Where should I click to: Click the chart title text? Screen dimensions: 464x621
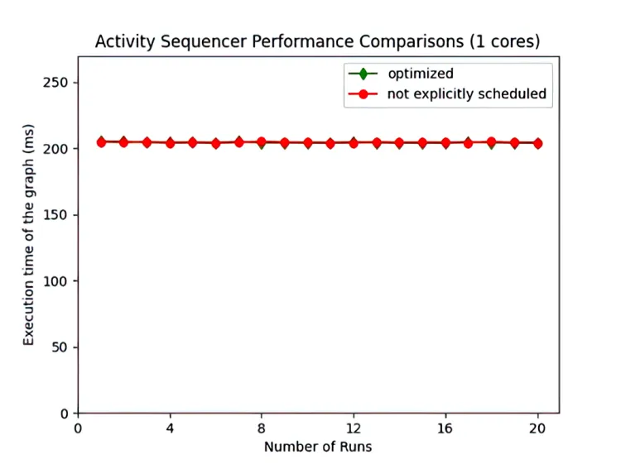click(x=318, y=41)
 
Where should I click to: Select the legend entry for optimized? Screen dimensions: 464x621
click(x=420, y=74)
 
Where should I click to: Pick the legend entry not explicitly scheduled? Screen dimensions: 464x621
click(x=466, y=93)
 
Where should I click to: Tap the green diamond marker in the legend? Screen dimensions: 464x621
click(x=362, y=74)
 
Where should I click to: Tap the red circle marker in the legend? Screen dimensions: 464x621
click(x=362, y=93)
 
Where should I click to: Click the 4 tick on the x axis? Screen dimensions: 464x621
click(x=170, y=429)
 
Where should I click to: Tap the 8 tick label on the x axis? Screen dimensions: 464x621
click(x=262, y=429)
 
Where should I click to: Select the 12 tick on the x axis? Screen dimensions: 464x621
click(x=354, y=429)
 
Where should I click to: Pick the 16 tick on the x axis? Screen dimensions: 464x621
click(x=445, y=429)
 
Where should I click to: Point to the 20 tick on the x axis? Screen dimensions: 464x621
click(x=538, y=429)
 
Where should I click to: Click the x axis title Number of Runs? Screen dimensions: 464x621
click(x=318, y=447)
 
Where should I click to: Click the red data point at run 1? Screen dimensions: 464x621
click(x=101, y=142)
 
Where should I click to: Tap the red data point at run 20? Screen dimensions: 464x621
click(x=538, y=143)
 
